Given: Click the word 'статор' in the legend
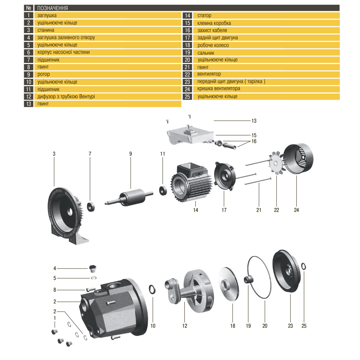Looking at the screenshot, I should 204,15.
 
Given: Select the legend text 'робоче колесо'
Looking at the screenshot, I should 213,45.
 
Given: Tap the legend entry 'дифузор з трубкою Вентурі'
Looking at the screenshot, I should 66,96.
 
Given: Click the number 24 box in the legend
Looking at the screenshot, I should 187,89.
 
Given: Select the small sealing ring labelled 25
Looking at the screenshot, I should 303,266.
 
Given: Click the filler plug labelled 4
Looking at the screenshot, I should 93,269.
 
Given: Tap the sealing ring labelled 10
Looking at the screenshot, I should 152,289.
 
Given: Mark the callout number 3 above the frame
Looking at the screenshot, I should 54,154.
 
